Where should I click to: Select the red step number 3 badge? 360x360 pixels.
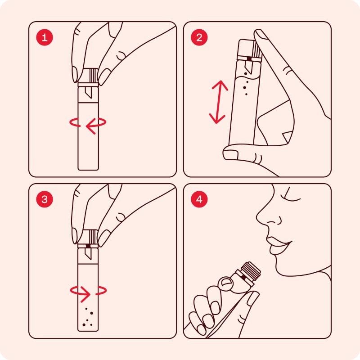point(44,199)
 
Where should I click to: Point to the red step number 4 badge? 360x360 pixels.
point(199,199)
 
